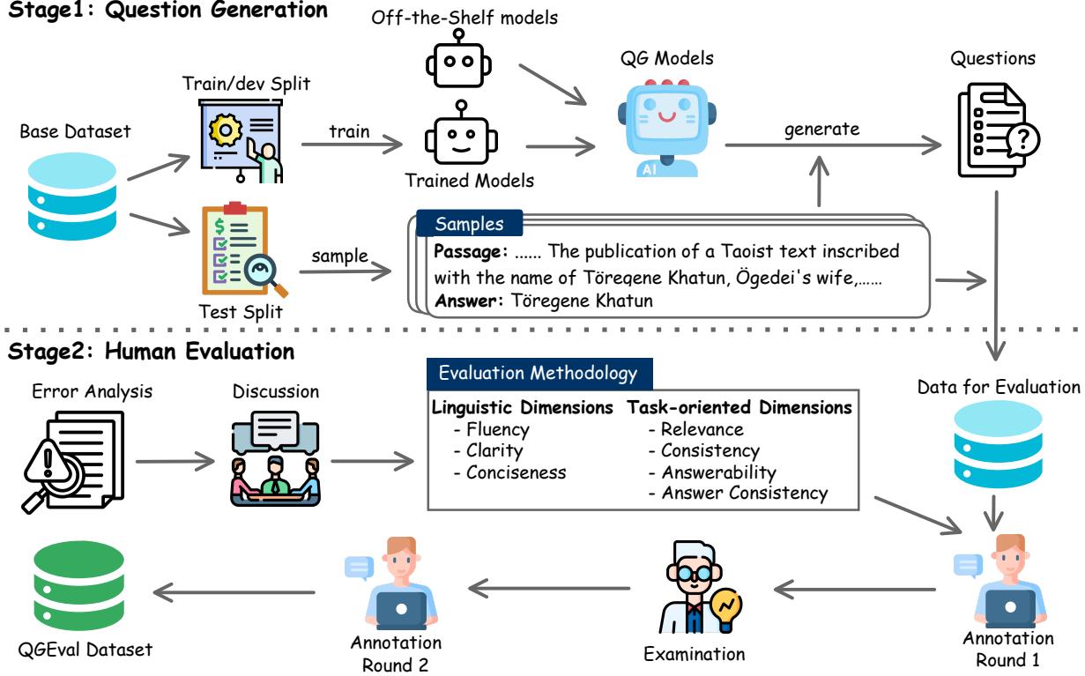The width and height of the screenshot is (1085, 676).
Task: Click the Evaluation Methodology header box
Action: point(539,373)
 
